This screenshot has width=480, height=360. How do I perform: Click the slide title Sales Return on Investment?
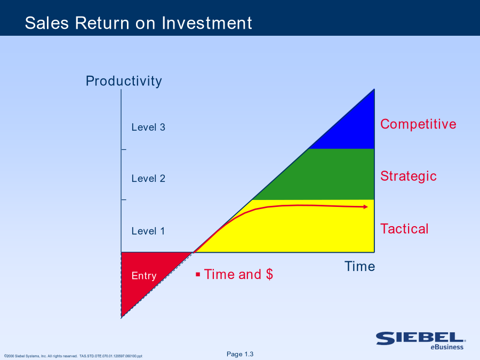[x=138, y=23]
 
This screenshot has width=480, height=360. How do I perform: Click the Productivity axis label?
[x=124, y=82]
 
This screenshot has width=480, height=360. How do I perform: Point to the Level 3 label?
[x=148, y=127]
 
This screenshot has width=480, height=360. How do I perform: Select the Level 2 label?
[x=148, y=179]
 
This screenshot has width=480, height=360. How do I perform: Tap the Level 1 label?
[x=148, y=231]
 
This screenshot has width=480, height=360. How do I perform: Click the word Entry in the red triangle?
[x=144, y=276]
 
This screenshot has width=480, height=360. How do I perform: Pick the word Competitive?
[x=418, y=124]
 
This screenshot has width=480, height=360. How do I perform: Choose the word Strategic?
[x=409, y=177]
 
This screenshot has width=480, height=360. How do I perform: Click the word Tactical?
[x=404, y=229]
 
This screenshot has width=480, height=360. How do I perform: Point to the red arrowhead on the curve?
[x=365, y=207]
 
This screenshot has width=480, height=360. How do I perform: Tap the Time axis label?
[x=359, y=266]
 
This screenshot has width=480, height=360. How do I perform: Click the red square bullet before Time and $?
[x=198, y=274]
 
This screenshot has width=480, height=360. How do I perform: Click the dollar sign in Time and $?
[x=269, y=274]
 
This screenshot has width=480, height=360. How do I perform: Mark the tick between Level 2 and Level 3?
[x=124, y=149]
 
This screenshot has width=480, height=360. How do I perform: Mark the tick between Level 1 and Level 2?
[x=124, y=199]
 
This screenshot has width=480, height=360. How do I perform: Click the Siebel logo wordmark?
[x=421, y=338]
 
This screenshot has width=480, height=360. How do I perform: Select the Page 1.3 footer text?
[x=240, y=354]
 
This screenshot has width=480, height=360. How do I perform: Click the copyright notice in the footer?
[x=73, y=356]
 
